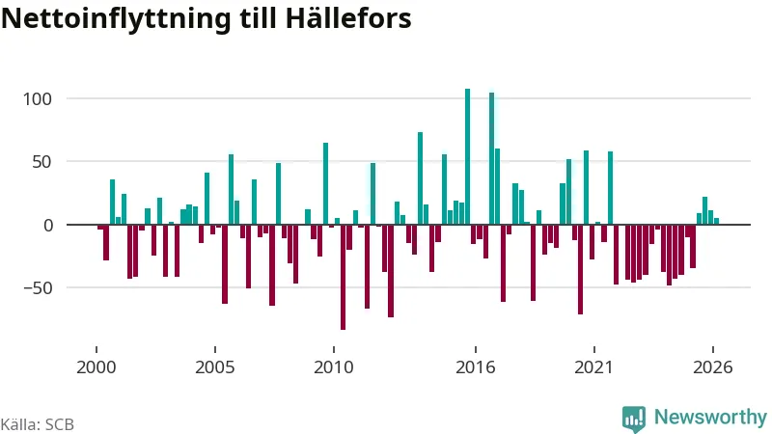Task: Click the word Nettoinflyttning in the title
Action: pyautogui.click(x=116, y=18)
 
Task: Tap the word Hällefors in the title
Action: pyautogui.click(x=347, y=17)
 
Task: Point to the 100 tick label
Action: pyautogui.click(x=38, y=99)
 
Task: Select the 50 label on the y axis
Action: pyautogui.click(x=41, y=162)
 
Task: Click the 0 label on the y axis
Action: pyautogui.click(x=47, y=226)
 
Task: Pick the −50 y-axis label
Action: pyautogui.click(x=38, y=288)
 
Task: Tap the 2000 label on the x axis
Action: pyautogui.click(x=96, y=367)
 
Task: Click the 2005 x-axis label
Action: pyautogui.click(x=214, y=367)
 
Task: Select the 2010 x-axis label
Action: pyautogui.click(x=334, y=367)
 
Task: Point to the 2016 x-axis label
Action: pyautogui.click(x=476, y=367)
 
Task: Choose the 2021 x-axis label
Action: pyautogui.click(x=594, y=367)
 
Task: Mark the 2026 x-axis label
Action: pyautogui.click(x=713, y=367)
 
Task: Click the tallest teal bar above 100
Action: pyautogui.click(x=468, y=156)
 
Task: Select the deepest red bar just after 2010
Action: pyautogui.click(x=344, y=277)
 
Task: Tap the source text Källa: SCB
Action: pyautogui.click(x=38, y=424)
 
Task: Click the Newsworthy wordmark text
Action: pyautogui.click(x=710, y=417)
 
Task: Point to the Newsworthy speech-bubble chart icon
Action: pyautogui.click(x=634, y=420)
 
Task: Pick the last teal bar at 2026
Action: pyautogui.click(x=716, y=222)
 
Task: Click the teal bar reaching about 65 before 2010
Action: pyautogui.click(x=325, y=183)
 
